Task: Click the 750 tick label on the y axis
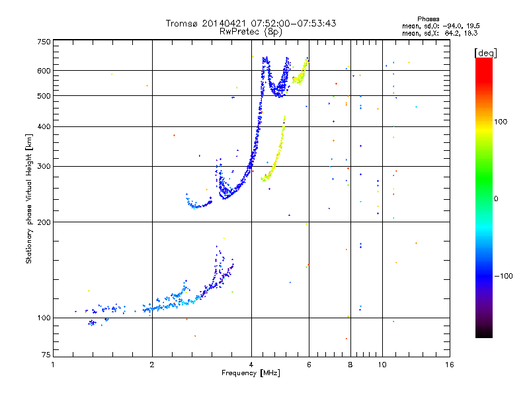point(44,41)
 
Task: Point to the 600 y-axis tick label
point(44,71)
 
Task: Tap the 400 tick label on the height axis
point(44,126)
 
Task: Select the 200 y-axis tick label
point(44,222)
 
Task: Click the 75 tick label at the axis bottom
point(46,357)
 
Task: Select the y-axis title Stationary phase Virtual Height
point(29,198)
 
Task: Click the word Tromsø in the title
point(186,23)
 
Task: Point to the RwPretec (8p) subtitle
point(251,31)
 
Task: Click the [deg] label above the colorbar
point(485,52)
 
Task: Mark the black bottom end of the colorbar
point(483,335)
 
